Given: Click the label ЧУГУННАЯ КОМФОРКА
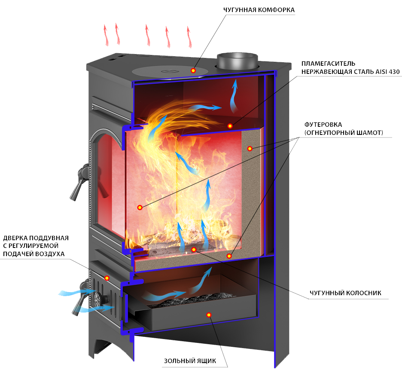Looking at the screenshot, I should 259,9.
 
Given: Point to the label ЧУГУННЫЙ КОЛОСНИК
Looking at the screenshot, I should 345,294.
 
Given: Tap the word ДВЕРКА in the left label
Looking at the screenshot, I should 17,238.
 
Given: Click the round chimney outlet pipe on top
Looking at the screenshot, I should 238,61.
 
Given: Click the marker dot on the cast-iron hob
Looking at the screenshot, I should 193,70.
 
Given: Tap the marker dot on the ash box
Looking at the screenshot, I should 209,315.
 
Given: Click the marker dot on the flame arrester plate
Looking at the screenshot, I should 230,126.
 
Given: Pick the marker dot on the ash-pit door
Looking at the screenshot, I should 107,278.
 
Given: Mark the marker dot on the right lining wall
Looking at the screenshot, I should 249,148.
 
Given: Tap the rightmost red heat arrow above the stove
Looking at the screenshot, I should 189,37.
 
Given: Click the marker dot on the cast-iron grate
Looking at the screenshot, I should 194,249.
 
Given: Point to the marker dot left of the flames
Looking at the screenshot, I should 140,208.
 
